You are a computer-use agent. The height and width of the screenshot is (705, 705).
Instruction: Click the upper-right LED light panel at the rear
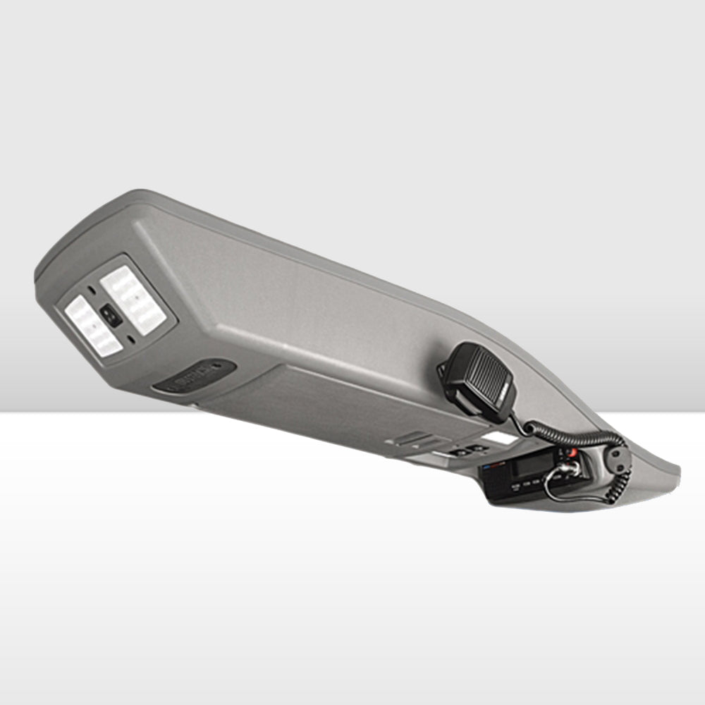click(x=133, y=300)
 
